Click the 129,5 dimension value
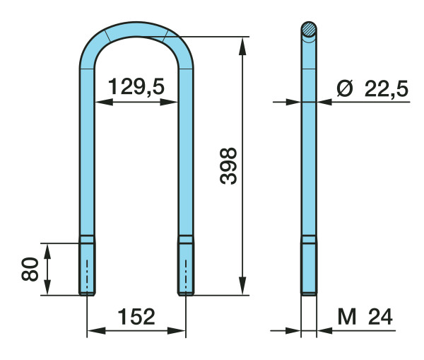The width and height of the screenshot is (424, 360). [x=136, y=86]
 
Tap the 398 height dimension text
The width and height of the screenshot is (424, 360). [x=228, y=166]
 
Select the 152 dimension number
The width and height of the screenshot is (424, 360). [x=136, y=316]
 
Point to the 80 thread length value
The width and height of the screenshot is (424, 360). [x=30, y=269]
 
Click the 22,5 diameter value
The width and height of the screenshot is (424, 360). [x=386, y=88]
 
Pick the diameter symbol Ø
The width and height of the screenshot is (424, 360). [x=345, y=88]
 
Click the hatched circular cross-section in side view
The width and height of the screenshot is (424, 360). [x=309, y=29]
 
